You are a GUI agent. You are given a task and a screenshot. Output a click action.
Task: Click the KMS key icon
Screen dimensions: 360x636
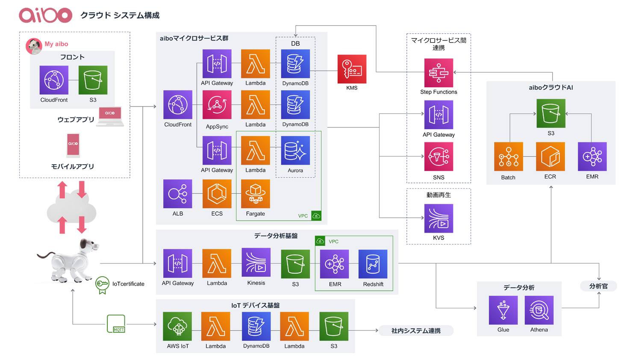352,69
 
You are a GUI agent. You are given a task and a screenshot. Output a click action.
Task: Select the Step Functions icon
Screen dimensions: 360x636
439,73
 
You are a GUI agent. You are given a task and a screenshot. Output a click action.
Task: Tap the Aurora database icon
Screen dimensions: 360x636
295,150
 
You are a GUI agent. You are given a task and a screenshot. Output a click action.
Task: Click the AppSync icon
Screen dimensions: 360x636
217,105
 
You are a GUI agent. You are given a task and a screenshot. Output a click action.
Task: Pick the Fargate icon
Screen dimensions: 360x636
256,194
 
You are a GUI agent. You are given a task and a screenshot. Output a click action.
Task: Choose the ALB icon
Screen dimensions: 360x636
178,194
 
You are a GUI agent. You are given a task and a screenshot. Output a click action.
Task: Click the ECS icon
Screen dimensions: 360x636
217,194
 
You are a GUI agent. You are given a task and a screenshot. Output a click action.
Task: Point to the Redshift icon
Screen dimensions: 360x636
373,264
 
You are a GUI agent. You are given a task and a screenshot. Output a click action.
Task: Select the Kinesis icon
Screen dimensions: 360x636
256,263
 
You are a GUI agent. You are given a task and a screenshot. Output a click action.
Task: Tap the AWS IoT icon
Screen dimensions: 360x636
177,326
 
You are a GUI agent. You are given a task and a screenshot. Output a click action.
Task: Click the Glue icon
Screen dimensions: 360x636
503,310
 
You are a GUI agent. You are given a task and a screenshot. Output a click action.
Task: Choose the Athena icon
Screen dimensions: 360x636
539,310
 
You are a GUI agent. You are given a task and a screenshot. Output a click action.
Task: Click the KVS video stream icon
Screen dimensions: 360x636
439,218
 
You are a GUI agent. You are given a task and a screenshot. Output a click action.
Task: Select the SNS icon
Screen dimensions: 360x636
439,156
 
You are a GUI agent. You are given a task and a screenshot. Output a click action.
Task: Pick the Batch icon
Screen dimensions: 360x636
508,156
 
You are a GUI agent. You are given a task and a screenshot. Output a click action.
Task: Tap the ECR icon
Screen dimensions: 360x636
550,156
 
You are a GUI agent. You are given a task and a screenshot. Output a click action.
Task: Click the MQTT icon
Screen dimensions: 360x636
116,324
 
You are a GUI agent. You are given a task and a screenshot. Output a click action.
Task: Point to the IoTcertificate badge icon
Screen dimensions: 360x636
102,285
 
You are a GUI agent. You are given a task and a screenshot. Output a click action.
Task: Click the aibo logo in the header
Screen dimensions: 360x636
46,15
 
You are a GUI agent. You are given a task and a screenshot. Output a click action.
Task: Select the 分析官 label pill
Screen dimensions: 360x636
598,286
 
